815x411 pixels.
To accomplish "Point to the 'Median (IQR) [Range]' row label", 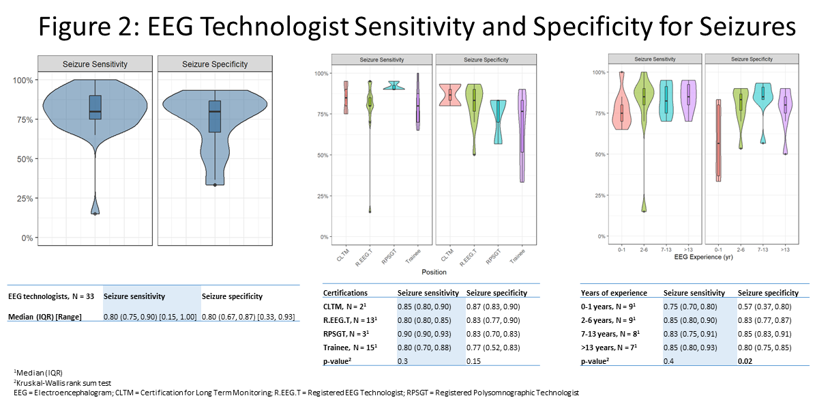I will tap(45, 317).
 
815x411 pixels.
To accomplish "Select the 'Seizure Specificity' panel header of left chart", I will tap(215, 64).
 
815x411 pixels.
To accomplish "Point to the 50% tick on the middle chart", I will tap(322, 155).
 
